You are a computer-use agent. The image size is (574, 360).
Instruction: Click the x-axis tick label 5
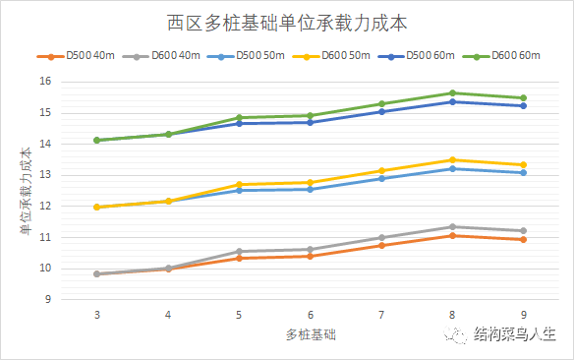239,316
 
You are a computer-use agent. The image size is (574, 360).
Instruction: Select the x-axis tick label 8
452,316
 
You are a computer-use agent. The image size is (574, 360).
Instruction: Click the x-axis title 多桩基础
310,335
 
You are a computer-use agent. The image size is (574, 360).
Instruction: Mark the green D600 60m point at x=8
452,92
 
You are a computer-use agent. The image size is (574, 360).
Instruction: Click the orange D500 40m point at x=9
523,239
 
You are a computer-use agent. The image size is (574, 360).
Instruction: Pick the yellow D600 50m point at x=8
452,159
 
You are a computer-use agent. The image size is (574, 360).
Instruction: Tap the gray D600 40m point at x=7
381,237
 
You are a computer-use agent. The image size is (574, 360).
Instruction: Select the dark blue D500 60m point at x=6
310,122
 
